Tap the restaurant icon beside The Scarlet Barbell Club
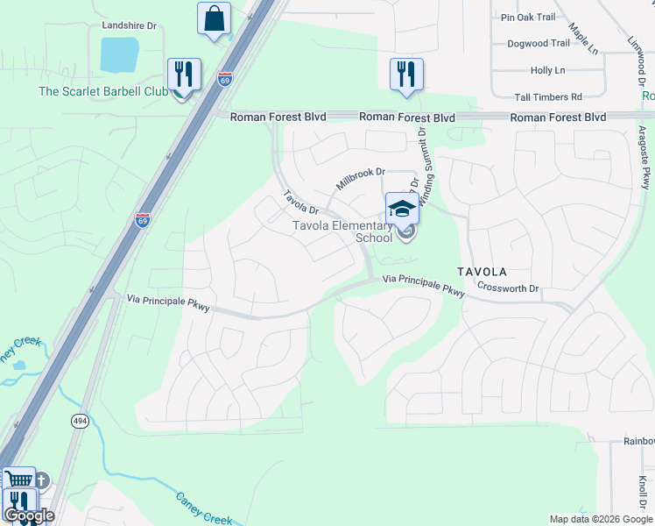tap(184, 75)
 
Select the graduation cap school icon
tap(402, 210)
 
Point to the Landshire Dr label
tap(129, 26)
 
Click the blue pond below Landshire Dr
tap(119, 55)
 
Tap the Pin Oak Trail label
tap(528, 18)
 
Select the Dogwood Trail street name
tap(539, 43)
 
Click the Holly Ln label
tap(547, 70)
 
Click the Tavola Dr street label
tap(299, 202)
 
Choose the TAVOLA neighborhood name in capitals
tap(481, 272)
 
